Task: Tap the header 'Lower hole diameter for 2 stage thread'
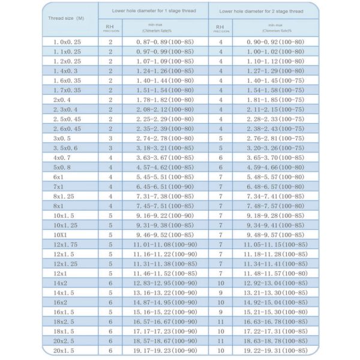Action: tap(262, 11)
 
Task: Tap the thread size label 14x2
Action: tap(61, 283)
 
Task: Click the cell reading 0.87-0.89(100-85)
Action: tap(165, 42)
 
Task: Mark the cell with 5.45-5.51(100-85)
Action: tap(165, 177)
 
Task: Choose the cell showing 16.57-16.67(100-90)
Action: tap(166, 322)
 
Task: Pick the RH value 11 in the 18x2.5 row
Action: tap(221, 322)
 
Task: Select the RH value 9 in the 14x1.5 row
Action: tap(221, 293)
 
